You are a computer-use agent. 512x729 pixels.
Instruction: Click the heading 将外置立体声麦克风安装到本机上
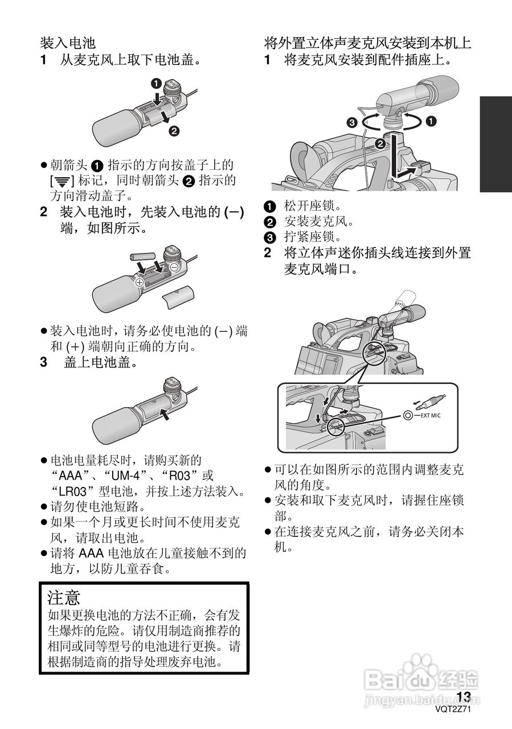[x=367, y=43]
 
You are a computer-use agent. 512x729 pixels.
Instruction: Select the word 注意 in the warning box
[x=64, y=597]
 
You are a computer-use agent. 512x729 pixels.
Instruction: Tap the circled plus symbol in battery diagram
[x=138, y=282]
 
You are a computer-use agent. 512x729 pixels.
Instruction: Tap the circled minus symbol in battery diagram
[x=174, y=267]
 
